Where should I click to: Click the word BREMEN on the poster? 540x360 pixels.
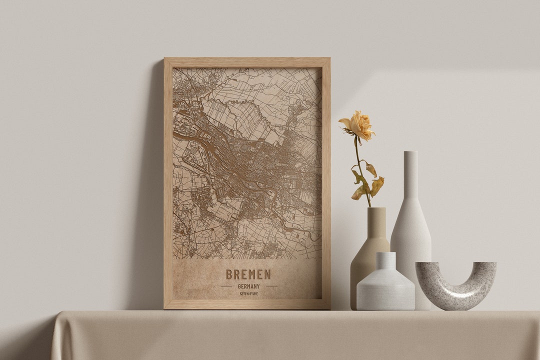pyautogui.click(x=248, y=274)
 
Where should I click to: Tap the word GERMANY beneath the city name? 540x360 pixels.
pyautogui.click(x=248, y=286)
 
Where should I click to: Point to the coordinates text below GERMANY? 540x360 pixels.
pyautogui.click(x=248, y=293)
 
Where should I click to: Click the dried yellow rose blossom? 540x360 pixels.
pyautogui.click(x=358, y=125)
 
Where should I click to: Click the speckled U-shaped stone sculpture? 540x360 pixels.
pyautogui.click(x=456, y=287)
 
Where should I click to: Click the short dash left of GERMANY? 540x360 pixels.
pyautogui.click(x=226, y=286)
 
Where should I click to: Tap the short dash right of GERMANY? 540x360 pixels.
pyautogui.click(x=271, y=286)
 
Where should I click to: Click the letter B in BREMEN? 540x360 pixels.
pyautogui.click(x=229, y=274)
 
